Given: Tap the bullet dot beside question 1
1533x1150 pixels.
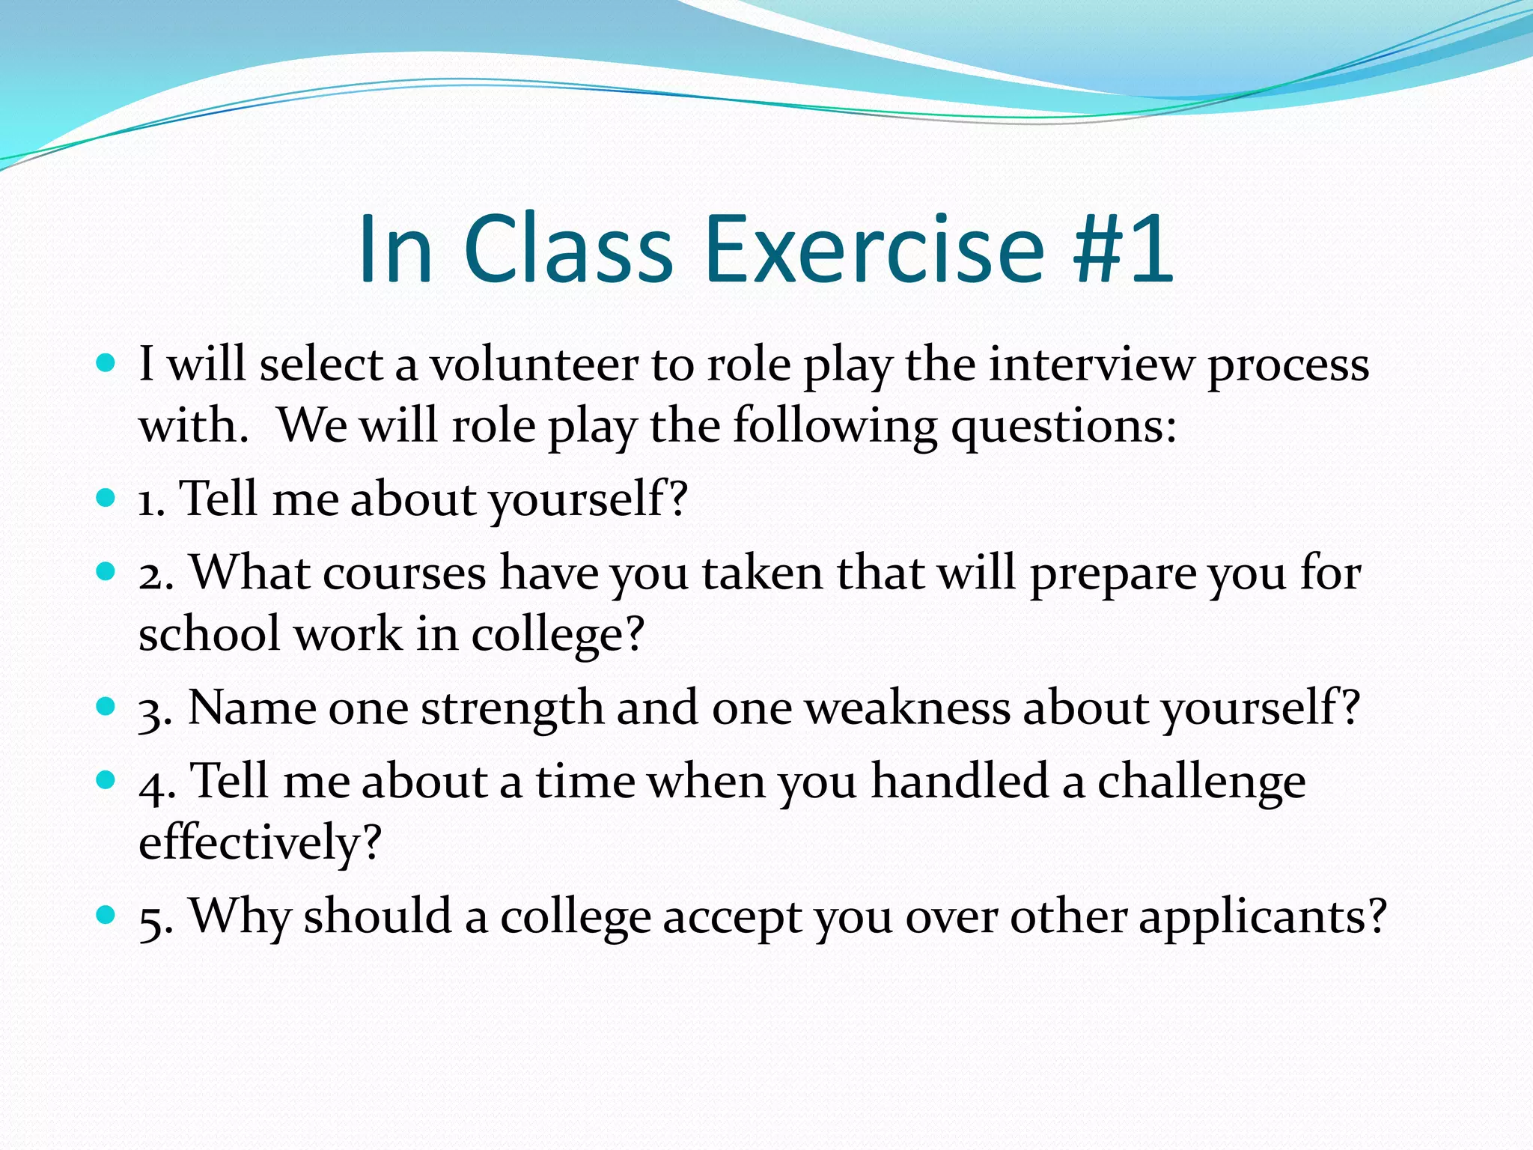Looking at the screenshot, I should coord(106,498).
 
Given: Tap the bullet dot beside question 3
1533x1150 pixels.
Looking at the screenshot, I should coord(106,706).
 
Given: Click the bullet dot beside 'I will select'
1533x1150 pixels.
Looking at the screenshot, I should coord(106,365).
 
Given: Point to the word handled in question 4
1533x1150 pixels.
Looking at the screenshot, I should coord(960,781).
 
